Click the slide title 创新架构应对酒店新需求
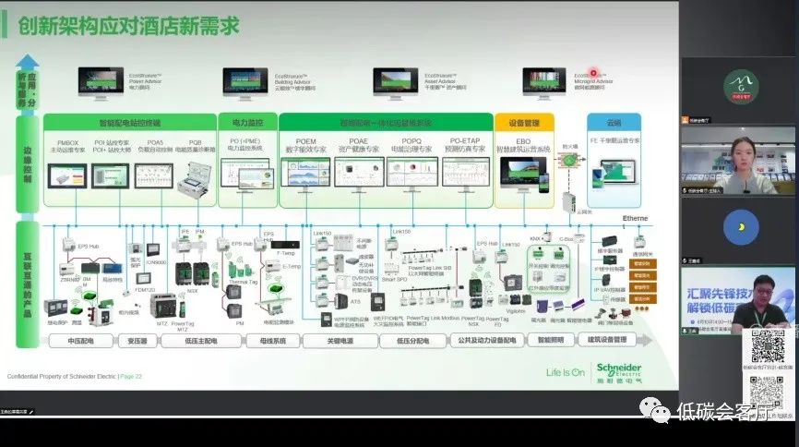click(128, 26)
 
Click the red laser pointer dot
click(596, 71)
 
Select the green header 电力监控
click(246, 122)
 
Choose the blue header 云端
click(614, 122)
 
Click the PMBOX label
click(66, 141)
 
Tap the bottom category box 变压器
click(136, 340)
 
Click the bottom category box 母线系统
click(266, 340)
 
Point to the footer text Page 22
click(129, 377)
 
